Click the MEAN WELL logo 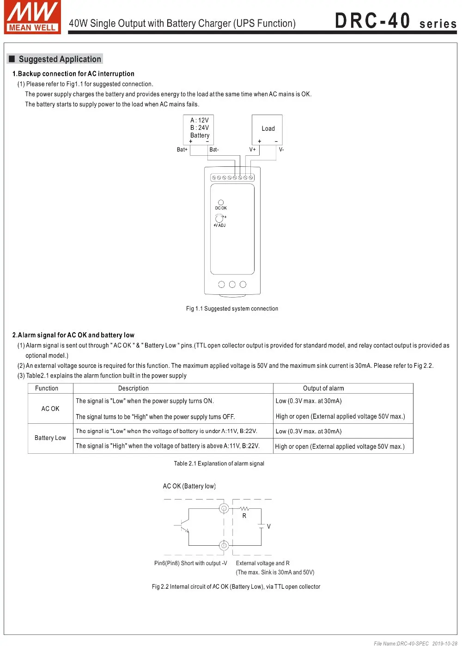coord(32,18)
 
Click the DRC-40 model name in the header coord(372,21)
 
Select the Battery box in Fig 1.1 coord(199,129)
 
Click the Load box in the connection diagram coord(267,129)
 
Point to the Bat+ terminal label coord(182,150)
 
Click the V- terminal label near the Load coord(281,150)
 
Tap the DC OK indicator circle coord(221,202)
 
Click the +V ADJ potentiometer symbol coord(219,218)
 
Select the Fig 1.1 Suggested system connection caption coord(232,309)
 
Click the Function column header coord(47,389)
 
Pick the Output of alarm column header coord(323,389)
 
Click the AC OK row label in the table coord(50,409)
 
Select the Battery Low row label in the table coord(50,438)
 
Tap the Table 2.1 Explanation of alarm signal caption coord(219,463)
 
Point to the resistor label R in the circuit coord(244,516)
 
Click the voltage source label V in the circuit coord(269,526)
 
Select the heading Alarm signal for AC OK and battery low coord(73,335)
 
